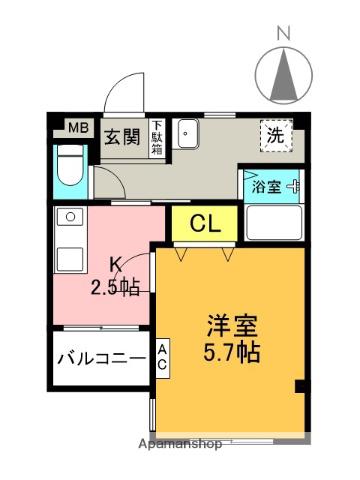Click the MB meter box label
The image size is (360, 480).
point(79,128)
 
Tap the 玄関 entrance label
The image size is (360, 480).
point(122,137)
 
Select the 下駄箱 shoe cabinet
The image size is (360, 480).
point(157,138)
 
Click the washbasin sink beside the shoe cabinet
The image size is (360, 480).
point(188,133)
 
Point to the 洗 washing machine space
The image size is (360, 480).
point(276,136)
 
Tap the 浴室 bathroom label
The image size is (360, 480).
point(266,187)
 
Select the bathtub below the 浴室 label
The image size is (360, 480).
point(274,222)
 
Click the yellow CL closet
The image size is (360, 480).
point(205,224)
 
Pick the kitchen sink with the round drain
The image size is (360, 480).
point(70,217)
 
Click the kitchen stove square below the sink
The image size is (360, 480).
point(70,259)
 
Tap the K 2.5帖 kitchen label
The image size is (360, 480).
point(115,277)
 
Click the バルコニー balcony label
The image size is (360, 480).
point(102,359)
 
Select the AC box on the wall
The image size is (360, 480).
point(162,358)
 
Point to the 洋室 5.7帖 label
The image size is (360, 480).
point(232,339)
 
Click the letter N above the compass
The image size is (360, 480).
point(283,34)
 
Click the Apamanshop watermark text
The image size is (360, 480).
point(180,444)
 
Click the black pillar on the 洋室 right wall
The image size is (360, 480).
point(300,387)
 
